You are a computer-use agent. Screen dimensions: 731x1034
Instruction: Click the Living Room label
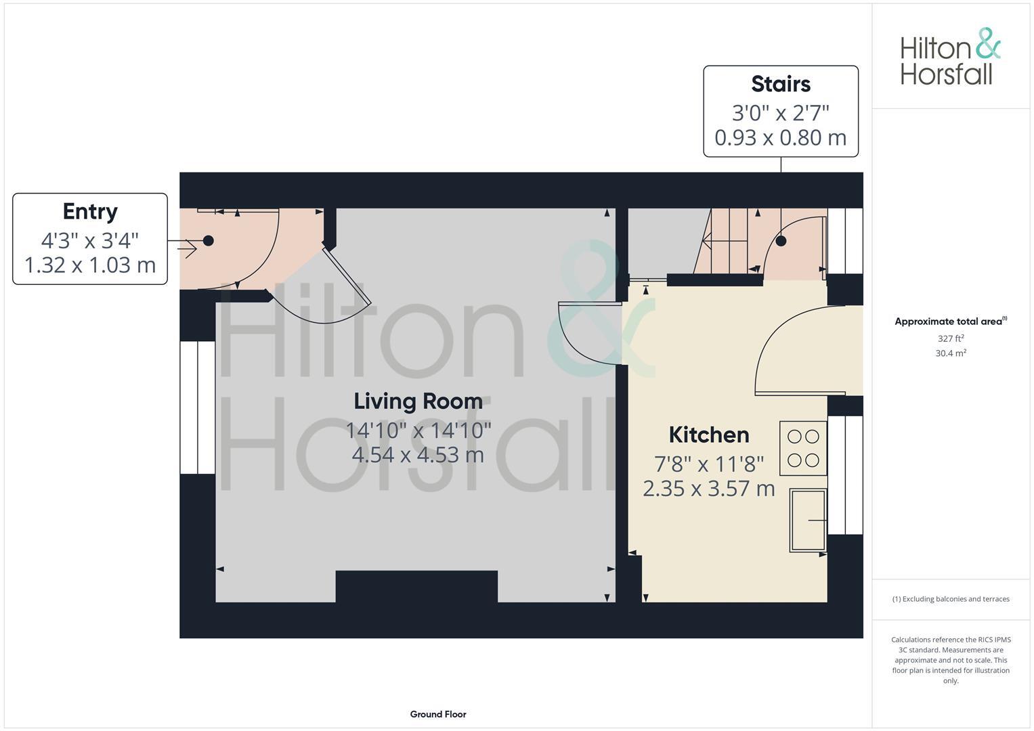pos(418,401)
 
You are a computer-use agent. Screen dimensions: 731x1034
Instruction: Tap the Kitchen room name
pos(708,435)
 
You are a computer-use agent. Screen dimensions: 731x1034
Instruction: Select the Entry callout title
pos(90,212)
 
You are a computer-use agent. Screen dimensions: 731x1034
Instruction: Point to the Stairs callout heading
pos(781,85)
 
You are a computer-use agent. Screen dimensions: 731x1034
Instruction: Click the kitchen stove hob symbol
pos(803,448)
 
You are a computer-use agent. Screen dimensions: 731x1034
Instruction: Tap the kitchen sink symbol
pos(807,519)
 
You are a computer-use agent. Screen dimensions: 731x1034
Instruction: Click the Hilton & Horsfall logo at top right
pos(950,57)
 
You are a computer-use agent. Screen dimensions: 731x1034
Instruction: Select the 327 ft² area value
pos(950,338)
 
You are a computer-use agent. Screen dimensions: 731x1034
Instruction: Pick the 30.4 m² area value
pos(950,353)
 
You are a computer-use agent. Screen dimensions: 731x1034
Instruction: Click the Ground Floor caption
pos(438,714)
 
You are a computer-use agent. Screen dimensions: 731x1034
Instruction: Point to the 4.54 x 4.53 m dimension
pos(418,454)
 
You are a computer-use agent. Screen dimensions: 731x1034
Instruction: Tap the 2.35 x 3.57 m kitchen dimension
pos(708,488)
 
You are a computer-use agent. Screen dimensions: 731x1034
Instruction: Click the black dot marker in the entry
pos(209,241)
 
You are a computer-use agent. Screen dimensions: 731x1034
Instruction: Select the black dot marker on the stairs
pos(781,241)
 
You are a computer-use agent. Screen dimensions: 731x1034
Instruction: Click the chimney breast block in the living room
pos(416,586)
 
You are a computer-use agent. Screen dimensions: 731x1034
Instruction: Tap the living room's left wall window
pos(197,407)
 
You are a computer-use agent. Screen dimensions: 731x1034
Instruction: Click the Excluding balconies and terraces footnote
pos(950,599)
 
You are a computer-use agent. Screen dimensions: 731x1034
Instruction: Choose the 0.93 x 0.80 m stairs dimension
pos(780,138)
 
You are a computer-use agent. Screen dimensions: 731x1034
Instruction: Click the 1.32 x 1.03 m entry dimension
pos(90,265)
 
